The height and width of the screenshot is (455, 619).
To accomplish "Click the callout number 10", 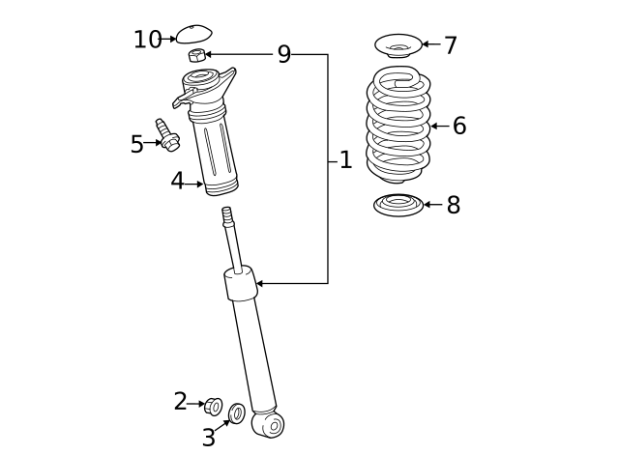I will (147, 40).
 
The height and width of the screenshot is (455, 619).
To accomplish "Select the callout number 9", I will (283, 55).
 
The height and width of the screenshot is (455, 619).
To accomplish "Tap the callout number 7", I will (450, 45).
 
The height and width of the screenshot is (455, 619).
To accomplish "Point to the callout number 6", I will (458, 126).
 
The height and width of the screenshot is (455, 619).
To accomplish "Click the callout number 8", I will (453, 206).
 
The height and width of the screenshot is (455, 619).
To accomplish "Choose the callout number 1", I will (345, 160).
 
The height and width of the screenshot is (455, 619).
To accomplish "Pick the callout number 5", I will (136, 145).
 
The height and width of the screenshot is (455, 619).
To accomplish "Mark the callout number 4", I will (177, 182).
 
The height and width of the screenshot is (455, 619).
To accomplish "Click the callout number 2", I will (180, 402).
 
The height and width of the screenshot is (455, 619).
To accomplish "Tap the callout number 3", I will (208, 438).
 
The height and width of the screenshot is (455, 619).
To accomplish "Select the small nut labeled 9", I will (196, 56).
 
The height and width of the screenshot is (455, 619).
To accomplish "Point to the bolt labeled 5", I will (167, 135).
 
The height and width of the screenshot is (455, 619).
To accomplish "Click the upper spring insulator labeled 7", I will (396, 45).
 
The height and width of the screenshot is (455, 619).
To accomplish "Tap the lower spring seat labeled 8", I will (397, 206).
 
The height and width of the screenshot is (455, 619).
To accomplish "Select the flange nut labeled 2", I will (215, 406).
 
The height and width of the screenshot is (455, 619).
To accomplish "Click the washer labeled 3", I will (237, 414).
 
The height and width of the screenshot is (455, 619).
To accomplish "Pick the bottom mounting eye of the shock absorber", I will (269, 423).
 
